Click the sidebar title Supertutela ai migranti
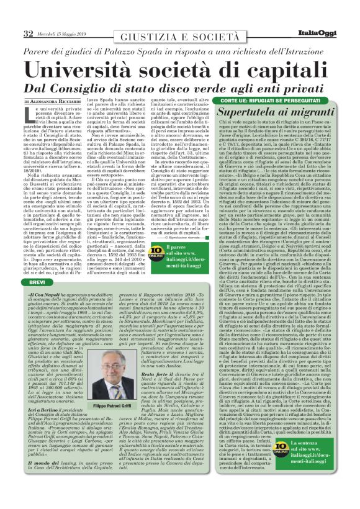275,112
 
